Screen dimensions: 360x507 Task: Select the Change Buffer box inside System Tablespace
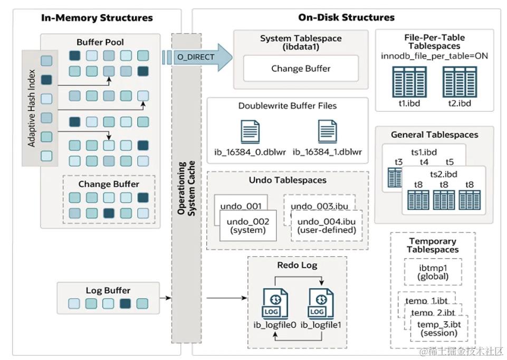[301, 68]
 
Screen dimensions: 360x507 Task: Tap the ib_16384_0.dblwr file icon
[250, 131]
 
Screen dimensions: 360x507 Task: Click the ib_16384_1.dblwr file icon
[328, 131]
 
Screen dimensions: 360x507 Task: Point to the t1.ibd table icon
[409, 82]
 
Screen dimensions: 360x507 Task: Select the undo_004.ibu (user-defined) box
[327, 226]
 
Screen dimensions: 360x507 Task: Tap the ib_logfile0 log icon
[275, 304]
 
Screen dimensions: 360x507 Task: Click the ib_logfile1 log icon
[321, 304]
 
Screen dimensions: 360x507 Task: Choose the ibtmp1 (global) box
[433, 272]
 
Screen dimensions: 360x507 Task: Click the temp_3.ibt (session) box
[439, 328]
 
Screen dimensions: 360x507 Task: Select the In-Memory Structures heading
[97, 17]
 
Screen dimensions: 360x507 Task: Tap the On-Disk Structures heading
[346, 17]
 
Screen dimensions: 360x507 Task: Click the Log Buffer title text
[108, 290]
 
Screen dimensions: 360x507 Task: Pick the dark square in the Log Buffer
[125, 304]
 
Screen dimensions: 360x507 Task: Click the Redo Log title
[297, 265]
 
